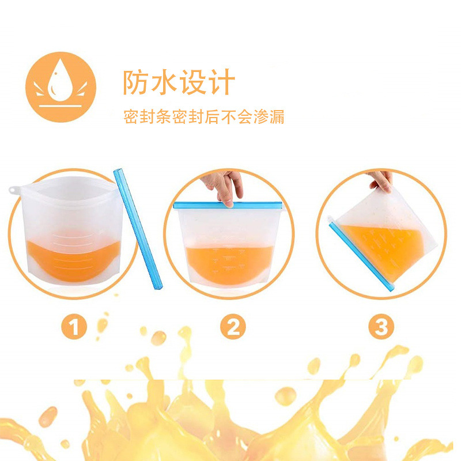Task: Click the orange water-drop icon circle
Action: (x=61, y=87)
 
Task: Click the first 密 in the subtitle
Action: (x=131, y=117)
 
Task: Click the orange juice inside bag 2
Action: (x=231, y=264)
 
